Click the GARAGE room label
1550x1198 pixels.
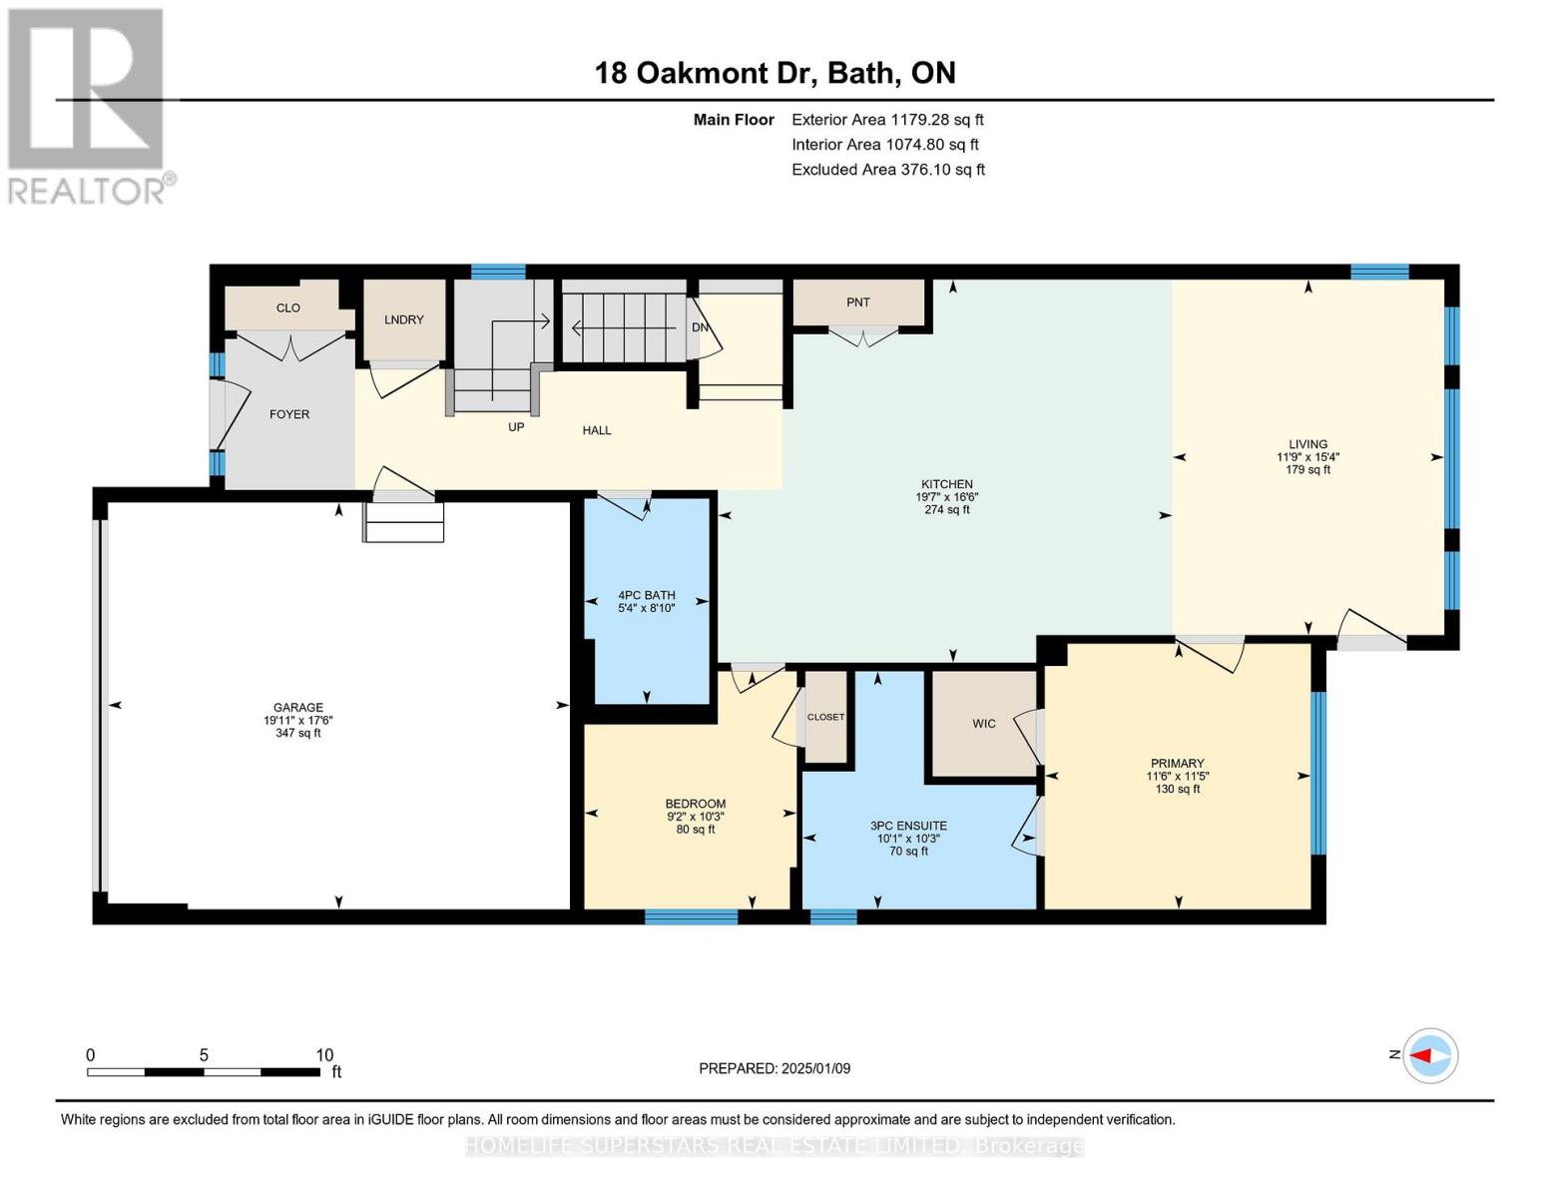tap(298, 708)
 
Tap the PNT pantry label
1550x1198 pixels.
tap(858, 302)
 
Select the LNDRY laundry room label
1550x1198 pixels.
tap(404, 319)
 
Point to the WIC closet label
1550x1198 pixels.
tap(984, 724)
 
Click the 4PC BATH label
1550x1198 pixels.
tap(647, 595)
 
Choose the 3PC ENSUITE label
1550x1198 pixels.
tap(908, 826)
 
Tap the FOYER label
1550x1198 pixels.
tap(288, 414)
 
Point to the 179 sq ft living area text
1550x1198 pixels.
tap(1307, 470)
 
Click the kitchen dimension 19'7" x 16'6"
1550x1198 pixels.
tap(946, 497)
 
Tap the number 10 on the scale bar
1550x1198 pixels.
tap(324, 1055)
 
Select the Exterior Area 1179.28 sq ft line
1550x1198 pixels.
tap(887, 120)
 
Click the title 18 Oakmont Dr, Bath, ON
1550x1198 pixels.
tap(775, 73)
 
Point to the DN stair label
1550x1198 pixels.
tap(700, 327)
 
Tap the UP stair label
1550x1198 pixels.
tap(516, 427)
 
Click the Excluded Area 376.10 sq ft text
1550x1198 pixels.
tap(888, 170)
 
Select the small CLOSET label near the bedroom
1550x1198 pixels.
tap(825, 717)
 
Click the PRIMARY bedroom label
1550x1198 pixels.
tap(1177, 764)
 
